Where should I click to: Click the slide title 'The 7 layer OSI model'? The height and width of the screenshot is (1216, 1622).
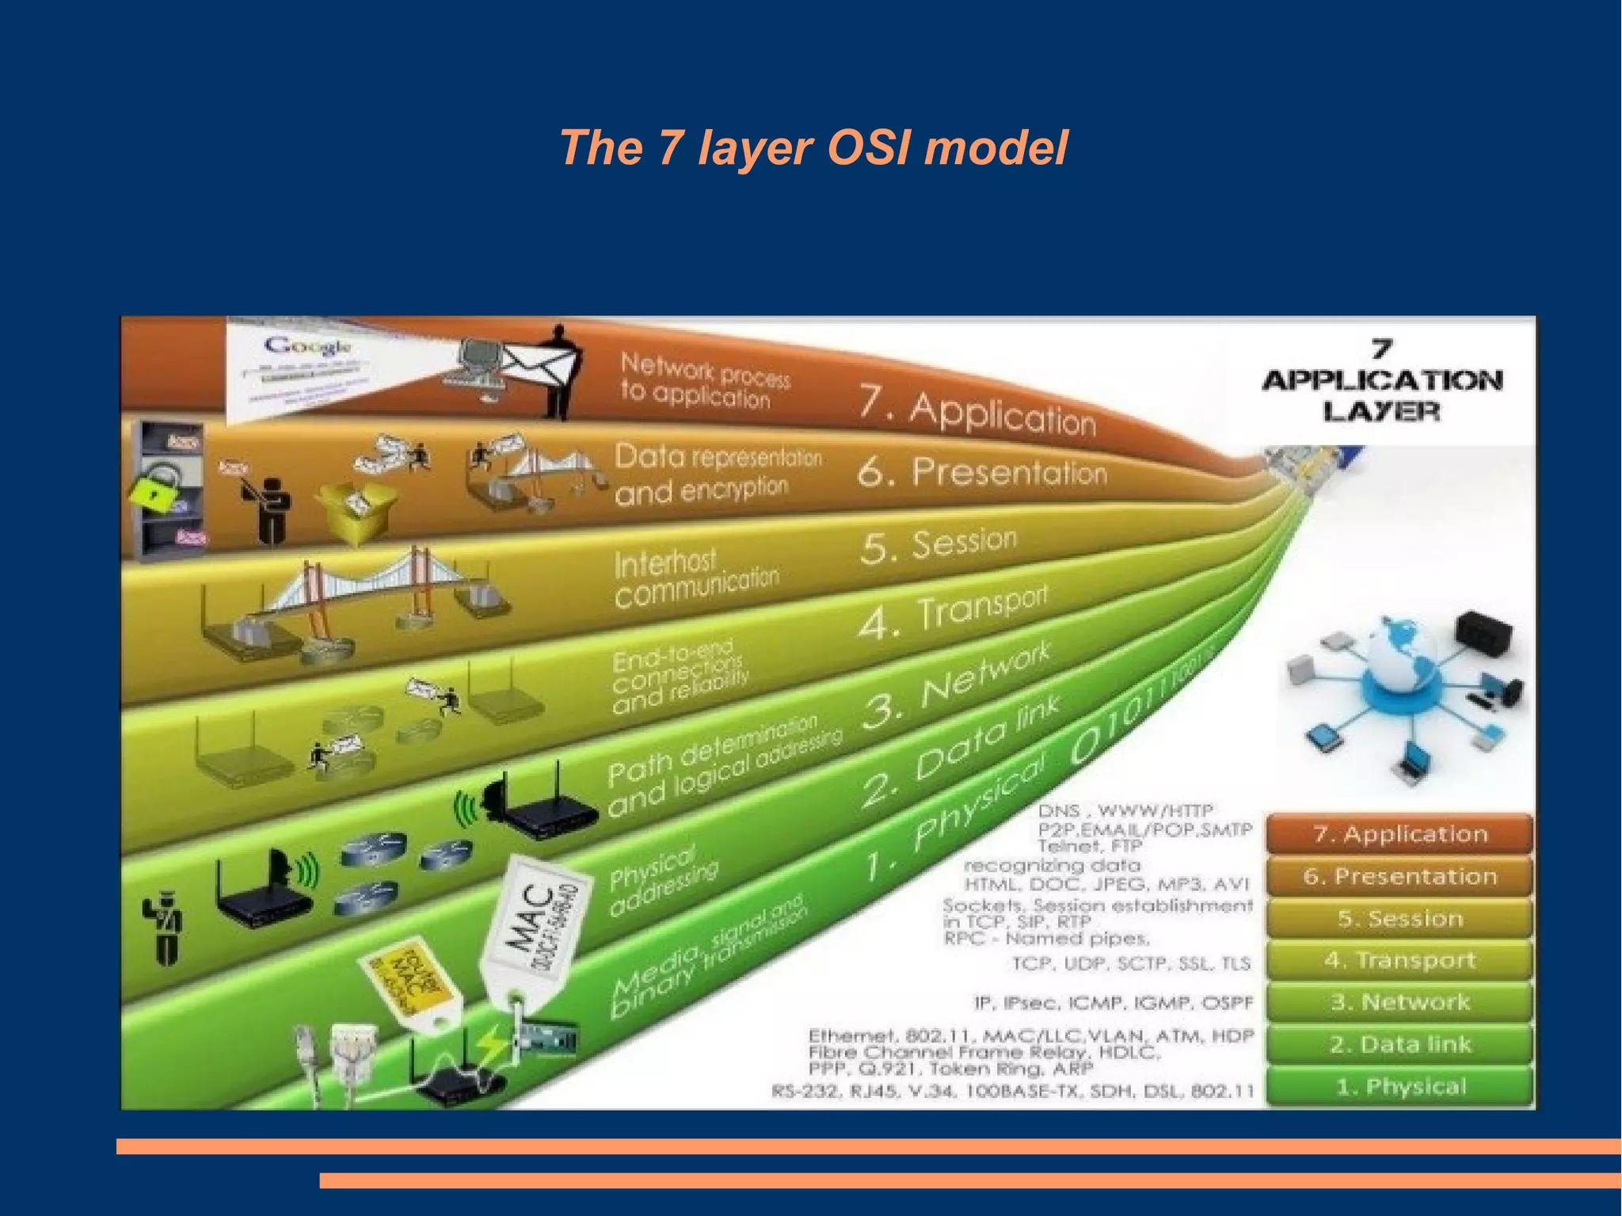click(x=813, y=148)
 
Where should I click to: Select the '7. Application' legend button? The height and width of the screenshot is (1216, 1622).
click(x=1399, y=834)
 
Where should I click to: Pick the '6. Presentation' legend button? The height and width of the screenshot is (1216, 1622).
click(x=1399, y=876)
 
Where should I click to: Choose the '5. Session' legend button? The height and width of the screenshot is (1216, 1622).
click(x=1399, y=919)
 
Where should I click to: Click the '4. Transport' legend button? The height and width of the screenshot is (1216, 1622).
click(x=1399, y=961)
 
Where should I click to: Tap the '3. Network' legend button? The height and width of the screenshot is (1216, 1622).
click(x=1399, y=1003)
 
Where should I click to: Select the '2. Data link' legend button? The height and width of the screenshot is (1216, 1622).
click(x=1399, y=1045)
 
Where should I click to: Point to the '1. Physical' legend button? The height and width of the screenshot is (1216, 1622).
click(x=1399, y=1087)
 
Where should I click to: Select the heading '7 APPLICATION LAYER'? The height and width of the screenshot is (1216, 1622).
click(x=1382, y=382)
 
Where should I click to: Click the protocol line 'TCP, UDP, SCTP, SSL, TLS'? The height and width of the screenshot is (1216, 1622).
click(x=1131, y=963)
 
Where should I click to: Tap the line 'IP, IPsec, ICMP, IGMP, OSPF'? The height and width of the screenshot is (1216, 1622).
click(x=1113, y=1004)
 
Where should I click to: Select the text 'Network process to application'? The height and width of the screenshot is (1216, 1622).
click(x=703, y=382)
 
